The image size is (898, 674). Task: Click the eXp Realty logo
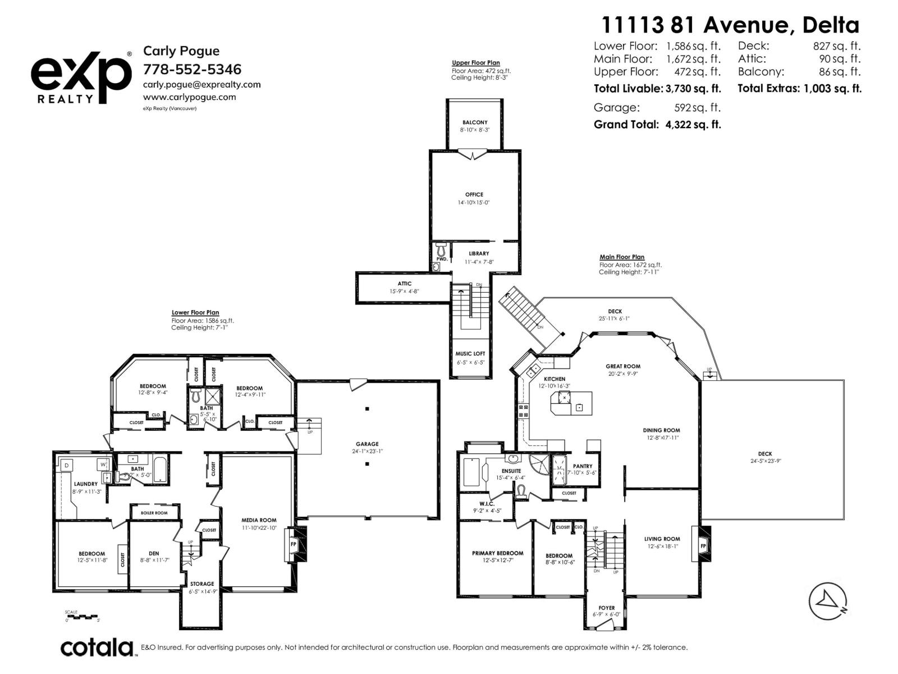click(80, 77)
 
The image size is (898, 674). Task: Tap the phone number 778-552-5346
click(192, 70)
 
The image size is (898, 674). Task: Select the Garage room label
click(367, 444)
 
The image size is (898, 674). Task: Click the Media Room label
click(259, 520)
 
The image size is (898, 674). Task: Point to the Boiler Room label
click(154, 513)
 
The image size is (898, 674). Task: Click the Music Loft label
click(470, 354)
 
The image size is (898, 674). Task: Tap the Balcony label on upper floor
click(475, 122)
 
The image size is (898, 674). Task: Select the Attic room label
click(405, 284)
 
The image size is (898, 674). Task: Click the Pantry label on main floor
click(583, 466)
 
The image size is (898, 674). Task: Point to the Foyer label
click(606, 608)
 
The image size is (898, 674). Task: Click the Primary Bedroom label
click(497, 553)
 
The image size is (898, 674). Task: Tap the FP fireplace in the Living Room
click(702, 545)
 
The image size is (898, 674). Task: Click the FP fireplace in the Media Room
click(293, 544)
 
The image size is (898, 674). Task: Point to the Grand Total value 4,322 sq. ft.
click(693, 125)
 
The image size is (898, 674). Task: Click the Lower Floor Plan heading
click(195, 313)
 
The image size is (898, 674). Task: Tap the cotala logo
click(97, 648)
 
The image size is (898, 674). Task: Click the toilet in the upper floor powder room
click(440, 249)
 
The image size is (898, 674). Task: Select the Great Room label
click(623, 366)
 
